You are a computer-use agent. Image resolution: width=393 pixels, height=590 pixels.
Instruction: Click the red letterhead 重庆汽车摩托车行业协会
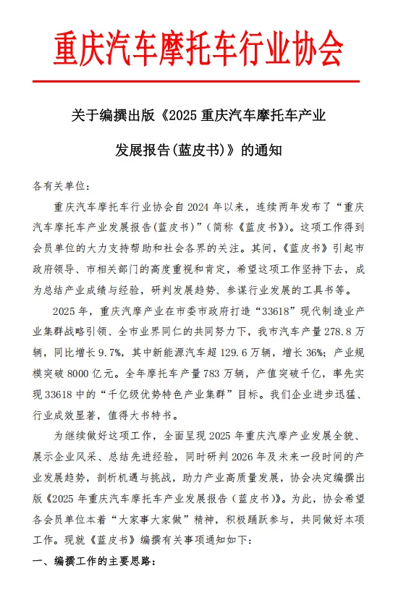196,49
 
